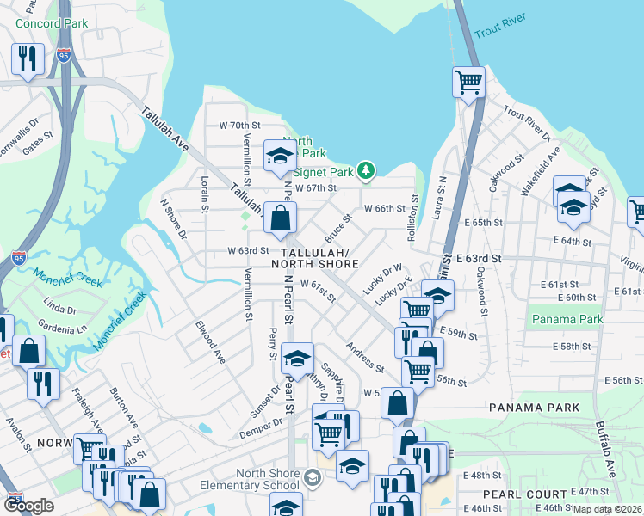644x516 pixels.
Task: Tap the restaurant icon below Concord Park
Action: pyautogui.click(x=28, y=58)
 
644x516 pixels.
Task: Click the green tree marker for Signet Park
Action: pyautogui.click(x=366, y=170)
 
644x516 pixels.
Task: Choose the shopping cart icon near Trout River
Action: pyautogui.click(x=468, y=83)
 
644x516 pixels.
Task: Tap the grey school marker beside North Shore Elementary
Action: pyautogui.click(x=312, y=477)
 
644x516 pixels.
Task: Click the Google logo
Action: pyautogui.click(x=29, y=506)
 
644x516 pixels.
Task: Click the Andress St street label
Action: pyautogui.click(x=365, y=358)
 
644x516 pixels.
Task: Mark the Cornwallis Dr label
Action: pyautogui.click(x=21, y=135)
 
